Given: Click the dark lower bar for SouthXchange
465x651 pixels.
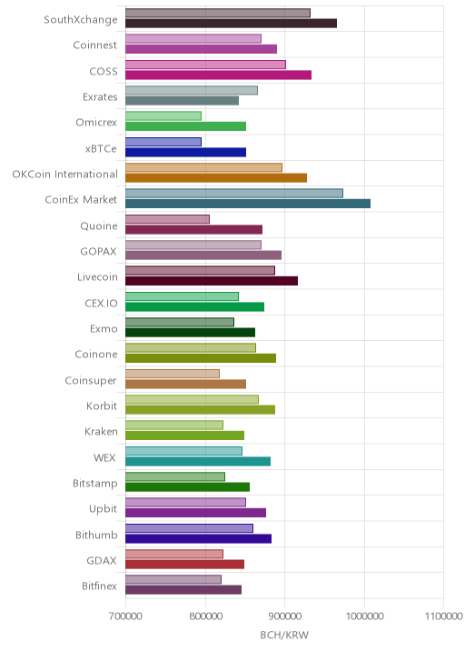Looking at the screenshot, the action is tap(231, 24).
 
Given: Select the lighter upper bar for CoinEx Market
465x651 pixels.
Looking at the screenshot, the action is tap(234, 193).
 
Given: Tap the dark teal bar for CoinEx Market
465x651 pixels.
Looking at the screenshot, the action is tap(248, 204).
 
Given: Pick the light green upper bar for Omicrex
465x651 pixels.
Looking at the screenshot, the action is tap(163, 115).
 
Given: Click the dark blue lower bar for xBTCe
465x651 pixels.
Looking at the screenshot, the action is tap(186, 152).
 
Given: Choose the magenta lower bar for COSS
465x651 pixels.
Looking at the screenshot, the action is tap(219, 75).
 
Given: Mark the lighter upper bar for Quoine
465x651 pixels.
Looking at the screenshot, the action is tap(168, 219).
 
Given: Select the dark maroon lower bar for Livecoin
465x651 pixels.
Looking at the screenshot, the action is tap(212, 281).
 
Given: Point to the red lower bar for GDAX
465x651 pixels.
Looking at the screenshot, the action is tap(185, 565).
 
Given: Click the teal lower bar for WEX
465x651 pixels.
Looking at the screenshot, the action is tap(198, 461).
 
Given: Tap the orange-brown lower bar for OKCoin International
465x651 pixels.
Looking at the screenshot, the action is tap(216, 177).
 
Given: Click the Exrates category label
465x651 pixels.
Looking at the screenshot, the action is tap(100, 96).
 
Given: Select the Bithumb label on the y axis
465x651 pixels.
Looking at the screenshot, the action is tap(96, 535).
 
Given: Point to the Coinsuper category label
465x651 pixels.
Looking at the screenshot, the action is tap(91, 381).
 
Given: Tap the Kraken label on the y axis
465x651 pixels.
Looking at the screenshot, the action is tap(101, 431).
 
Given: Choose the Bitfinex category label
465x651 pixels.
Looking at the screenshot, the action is tap(100, 586).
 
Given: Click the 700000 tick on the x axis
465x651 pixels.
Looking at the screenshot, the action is tap(125, 616).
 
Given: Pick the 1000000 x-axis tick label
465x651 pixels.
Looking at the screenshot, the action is tap(364, 616).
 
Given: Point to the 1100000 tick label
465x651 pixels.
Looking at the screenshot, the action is tap(443, 616).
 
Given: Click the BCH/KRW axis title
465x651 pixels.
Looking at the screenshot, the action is tap(284, 635).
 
